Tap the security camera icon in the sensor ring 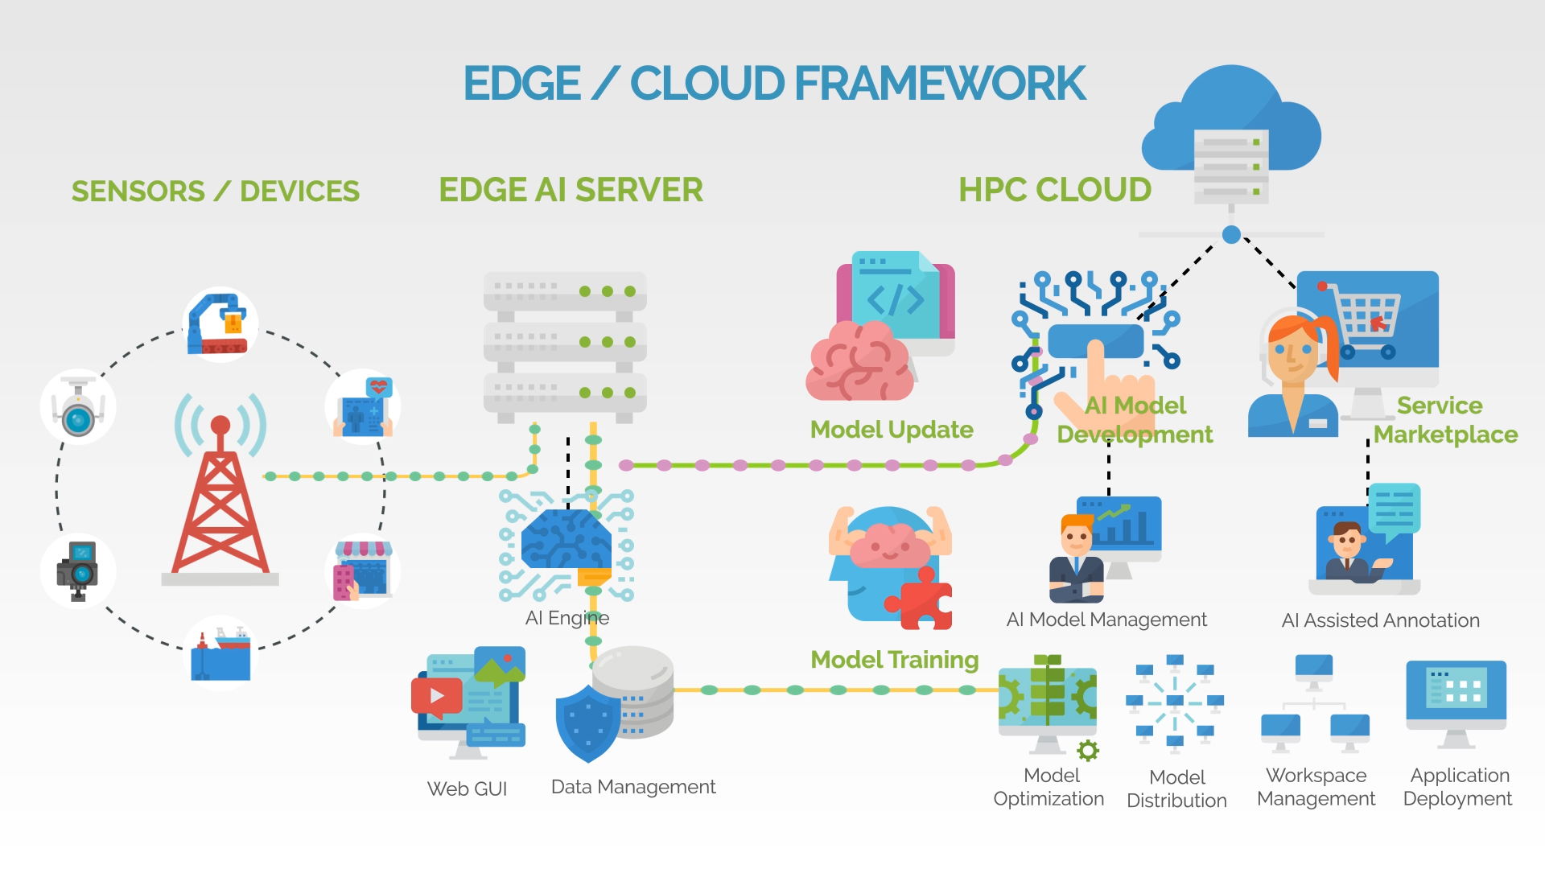(x=78, y=407)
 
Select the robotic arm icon (x=219, y=323)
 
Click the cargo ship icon (x=220, y=653)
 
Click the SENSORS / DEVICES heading (x=216, y=192)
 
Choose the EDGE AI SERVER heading (x=571, y=190)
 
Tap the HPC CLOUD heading (x=1055, y=190)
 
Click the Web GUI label (x=467, y=789)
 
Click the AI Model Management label (x=1106, y=620)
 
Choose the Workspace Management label (x=1316, y=787)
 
